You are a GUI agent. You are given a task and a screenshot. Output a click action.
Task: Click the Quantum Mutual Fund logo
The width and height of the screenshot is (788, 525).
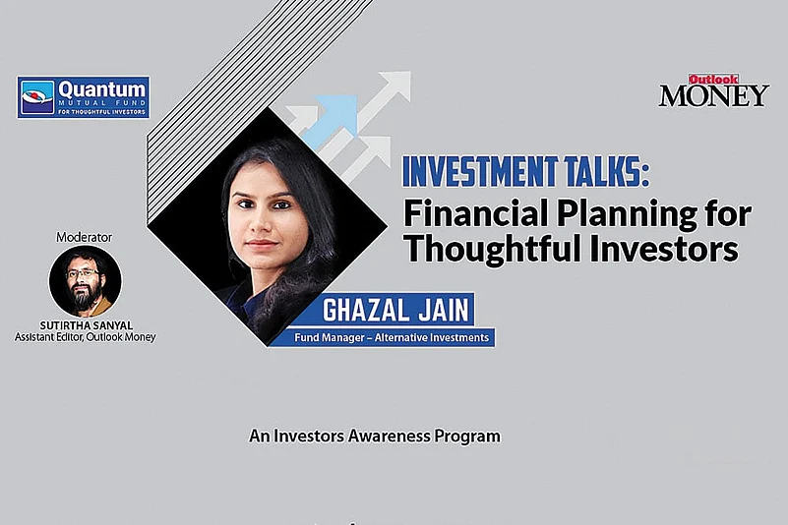tap(83, 97)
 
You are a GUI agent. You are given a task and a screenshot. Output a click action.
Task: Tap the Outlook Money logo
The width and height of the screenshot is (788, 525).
tap(713, 90)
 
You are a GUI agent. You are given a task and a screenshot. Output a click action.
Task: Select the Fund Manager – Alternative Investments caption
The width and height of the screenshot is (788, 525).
tap(394, 337)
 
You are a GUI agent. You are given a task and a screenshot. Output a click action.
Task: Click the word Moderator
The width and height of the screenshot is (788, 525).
tap(85, 237)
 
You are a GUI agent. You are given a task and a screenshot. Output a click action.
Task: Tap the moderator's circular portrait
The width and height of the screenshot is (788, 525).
tap(85, 281)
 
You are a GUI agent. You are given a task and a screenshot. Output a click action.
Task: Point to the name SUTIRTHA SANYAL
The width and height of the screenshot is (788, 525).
tap(85, 323)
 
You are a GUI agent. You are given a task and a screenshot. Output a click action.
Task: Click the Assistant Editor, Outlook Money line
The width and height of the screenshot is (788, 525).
tap(85, 336)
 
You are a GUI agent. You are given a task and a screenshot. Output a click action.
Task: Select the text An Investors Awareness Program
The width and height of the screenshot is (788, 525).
tap(375, 435)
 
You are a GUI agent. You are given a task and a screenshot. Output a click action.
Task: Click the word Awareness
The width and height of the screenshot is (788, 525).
tap(389, 435)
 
